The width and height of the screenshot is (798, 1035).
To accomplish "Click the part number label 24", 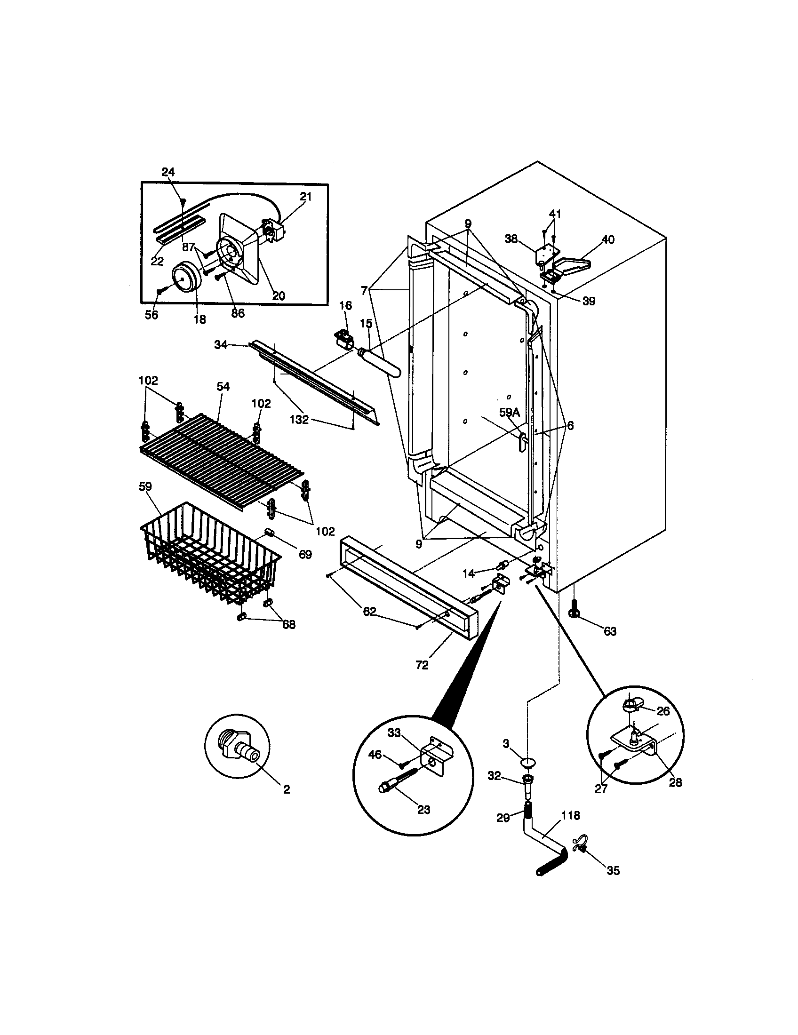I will tap(168, 172).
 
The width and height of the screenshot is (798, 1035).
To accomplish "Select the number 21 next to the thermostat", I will tap(306, 196).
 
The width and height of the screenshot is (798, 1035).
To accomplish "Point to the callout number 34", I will tap(221, 345).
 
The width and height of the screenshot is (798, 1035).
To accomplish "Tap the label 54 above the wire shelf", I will tap(223, 387).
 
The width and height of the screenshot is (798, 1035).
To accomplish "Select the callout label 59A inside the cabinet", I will tap(510, 413).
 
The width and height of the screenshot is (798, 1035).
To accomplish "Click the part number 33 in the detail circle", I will tap(394, 732).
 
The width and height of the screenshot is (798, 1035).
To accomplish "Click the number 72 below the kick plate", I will tap(422, 665).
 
